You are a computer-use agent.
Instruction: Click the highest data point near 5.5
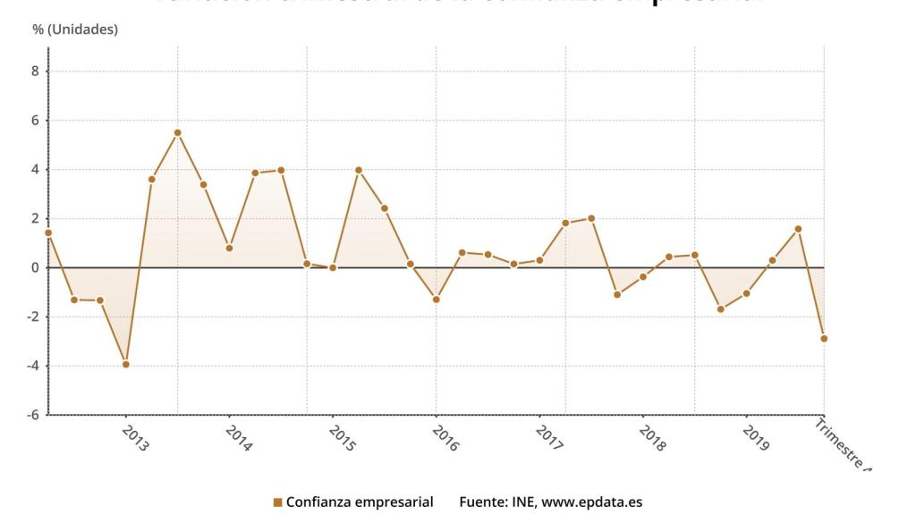click(177, 132)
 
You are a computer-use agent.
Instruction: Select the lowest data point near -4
click(126, 364)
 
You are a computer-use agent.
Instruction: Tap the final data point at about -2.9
click(823, 339)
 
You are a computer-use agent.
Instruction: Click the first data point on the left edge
click(48, 232)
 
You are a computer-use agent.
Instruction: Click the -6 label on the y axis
click(33, 415)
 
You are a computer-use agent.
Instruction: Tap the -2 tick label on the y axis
click(33, 317)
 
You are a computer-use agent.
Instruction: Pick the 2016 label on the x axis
click(445, 438)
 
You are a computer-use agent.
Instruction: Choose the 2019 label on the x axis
click(756, 438)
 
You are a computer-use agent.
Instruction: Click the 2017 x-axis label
click(549, 438)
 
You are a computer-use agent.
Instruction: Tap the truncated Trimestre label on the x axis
click(842, 444)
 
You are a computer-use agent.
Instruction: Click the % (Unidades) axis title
click(75, 30)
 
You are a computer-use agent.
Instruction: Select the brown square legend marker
click(277, 502)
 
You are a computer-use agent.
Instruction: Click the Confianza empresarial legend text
click(360, 502)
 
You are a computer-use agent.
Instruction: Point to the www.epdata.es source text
click(591, 502)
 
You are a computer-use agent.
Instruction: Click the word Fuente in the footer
click(483, 502)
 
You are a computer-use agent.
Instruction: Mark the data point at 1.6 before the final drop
click(798, 229)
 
